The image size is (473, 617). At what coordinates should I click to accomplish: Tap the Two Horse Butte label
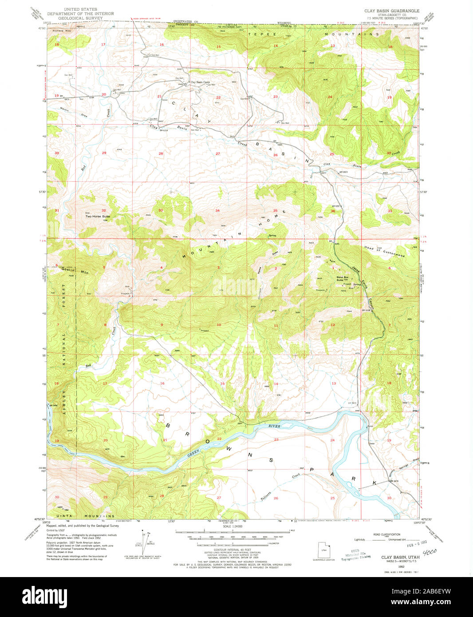(x=98, y=216)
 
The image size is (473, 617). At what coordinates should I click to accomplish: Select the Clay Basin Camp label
(x=200, y=82)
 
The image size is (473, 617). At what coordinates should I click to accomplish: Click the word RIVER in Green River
(x=275, y=426)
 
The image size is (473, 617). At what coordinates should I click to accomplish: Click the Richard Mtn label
(x=62, y=31)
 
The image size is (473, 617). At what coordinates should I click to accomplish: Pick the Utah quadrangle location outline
(x=323, y=550)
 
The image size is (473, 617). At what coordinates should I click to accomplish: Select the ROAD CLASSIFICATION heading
(x=386, y=534)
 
